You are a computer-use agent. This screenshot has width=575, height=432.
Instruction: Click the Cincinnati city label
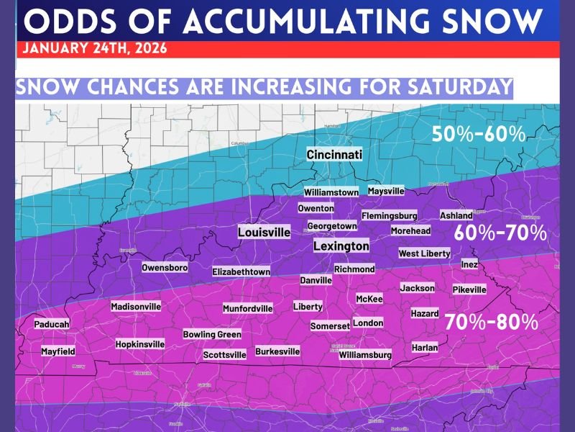click(x=334, y=155)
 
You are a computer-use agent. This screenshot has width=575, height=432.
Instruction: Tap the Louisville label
click(x=264, y=233)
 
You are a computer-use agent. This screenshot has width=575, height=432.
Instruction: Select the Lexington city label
click(x=341, y=246)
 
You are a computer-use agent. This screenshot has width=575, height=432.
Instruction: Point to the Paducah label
click(x=52, y=325)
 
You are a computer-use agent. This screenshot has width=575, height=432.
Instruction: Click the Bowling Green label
click(x=212, y=335)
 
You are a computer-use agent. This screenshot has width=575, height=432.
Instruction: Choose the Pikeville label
click(x=469, y=289)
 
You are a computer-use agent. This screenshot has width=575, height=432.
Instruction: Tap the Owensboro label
click(x=165, y=268)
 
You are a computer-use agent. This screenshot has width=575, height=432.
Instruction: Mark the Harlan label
click(x=425, y=347)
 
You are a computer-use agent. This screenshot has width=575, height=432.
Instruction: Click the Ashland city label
click(x=456, y=215)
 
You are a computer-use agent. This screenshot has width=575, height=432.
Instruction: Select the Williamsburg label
click(x=365, y=355)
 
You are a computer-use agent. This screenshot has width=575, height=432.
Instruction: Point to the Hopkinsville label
click(x=140, y=344)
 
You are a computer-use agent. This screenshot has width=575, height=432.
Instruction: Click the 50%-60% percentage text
click(x=479, y=135)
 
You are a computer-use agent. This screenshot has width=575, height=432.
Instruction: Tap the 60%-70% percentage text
click(x=500, y=234)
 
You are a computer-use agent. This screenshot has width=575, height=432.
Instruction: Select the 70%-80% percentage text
click(x=491, y=323)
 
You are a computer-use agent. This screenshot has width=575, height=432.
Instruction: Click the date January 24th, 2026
click(x=95, y=50)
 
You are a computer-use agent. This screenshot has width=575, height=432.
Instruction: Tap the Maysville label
click(x=386, y=192)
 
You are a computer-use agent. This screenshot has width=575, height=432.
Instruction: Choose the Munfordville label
click(x=248, y=309)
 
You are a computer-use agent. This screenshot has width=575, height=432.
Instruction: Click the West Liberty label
click(x=424, y=253)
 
